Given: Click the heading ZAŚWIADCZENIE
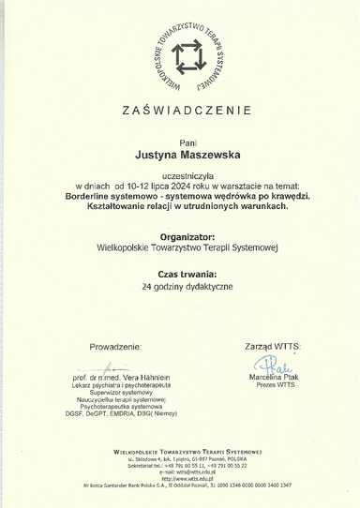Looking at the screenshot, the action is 180,112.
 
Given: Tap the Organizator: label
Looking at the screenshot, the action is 180,237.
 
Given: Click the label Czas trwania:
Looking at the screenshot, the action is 180,273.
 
